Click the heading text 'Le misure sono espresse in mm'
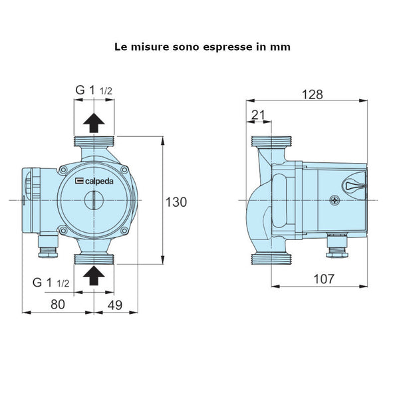(202, 47)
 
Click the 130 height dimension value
(176, 201)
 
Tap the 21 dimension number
(258, 116)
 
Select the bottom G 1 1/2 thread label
(51, 283)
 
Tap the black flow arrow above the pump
(94, 122)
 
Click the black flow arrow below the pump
(94, 273)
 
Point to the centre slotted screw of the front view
(94, 199)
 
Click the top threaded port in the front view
(94, 142)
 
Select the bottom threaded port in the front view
(94, 259)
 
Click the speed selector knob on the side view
(353, 187)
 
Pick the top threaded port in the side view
(272, 142)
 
